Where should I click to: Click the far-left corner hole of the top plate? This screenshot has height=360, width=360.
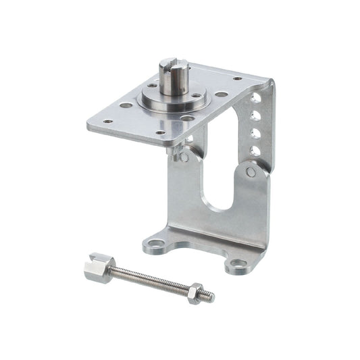pyautogui.click(x=107, y=122)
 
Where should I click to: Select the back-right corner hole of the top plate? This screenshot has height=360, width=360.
pyautogui.click(x=237, y=79)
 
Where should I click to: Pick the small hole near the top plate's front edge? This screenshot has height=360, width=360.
pyautogui.click(x=159, y=132)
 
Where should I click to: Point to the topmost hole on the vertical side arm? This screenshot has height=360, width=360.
pyautogui.click(x=255, y=99)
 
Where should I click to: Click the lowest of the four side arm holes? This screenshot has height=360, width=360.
pyautogui.click(x=255, y=150)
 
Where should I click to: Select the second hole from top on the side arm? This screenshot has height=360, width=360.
pyautogui.click(x=255, y=115)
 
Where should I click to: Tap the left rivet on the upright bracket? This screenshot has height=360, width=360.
pyautogui.click(x=184, y=157)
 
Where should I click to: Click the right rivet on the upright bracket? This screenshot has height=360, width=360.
pyautogui.click(x=251, y=173)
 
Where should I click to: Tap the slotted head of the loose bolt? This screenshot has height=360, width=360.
pyautogui.click(x=99, y=265)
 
